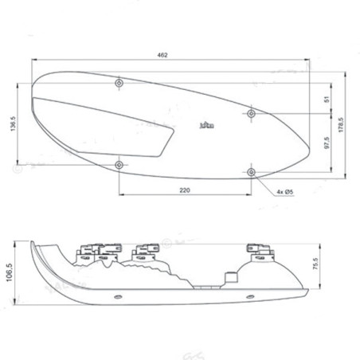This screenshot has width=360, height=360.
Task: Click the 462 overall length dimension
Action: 162,55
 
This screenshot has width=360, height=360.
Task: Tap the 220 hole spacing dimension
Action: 184,190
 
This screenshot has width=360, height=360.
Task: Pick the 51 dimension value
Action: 325,99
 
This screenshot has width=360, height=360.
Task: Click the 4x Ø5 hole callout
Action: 287,192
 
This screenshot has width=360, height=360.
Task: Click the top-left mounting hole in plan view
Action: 119,83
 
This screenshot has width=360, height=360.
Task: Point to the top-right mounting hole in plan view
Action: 252,114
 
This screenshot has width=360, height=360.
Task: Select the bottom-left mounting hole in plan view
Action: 119,164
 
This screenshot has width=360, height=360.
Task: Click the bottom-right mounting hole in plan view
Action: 252,171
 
